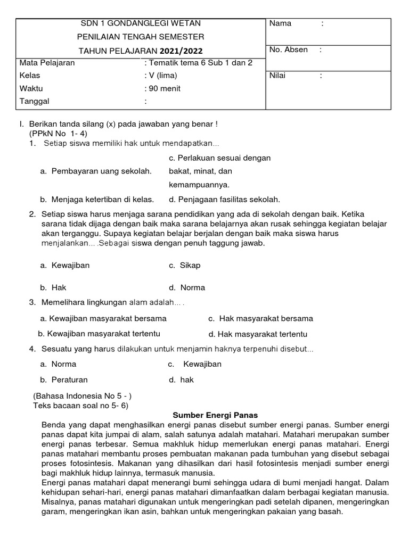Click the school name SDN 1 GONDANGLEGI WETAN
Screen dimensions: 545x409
141,23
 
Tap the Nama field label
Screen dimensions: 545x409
281,23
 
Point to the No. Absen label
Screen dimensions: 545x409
289,49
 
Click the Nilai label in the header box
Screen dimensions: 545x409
277,76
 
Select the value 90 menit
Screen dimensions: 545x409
162,88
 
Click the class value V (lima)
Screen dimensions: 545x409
161,76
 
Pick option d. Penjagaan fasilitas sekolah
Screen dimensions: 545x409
224,200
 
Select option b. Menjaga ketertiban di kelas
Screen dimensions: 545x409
97,200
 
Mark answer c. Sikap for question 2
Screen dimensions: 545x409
185,265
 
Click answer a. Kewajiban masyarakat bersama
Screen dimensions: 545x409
103,318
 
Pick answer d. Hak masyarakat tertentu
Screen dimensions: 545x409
258,334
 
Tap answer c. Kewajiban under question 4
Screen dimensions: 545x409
195,364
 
